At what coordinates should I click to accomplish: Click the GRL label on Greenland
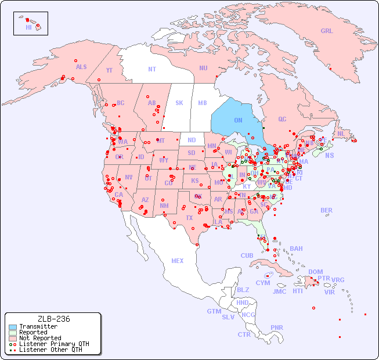point(327,31)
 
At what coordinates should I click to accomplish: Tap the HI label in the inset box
point(28,27)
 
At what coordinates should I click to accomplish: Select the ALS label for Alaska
point(81,67)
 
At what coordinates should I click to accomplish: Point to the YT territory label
point(109,70)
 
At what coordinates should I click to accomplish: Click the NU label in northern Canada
point(203,68)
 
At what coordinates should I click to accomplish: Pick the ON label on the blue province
point(238,121)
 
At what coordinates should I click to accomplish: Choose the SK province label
point(179,103)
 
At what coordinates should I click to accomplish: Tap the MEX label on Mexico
point(178,261)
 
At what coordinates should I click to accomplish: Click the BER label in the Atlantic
point(327,210)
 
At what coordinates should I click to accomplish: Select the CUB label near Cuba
point(247,255)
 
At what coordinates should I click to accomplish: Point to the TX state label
point(189,218)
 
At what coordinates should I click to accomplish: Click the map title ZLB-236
point(53,319)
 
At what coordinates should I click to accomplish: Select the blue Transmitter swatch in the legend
point(13,327)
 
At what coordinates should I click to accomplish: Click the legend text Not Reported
point(40,338)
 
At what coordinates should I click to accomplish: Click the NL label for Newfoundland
point(341,133)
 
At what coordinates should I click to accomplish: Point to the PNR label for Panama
point(277,327)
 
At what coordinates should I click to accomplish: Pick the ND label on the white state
point(192,140)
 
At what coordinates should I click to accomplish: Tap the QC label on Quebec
point(282,119)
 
